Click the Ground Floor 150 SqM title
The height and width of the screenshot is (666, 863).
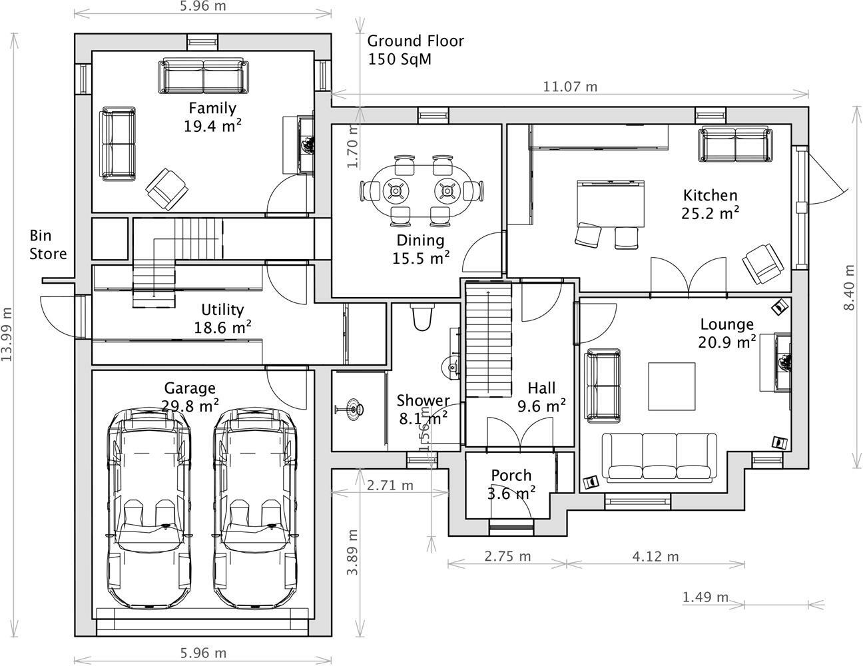(416, 50)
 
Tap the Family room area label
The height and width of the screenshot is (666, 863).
(212, 117)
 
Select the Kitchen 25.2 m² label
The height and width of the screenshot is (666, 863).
(710, 204)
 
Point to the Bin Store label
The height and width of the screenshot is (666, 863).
(48, 244)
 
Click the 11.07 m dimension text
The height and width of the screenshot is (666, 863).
(570, 87)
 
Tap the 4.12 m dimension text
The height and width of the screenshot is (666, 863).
(656, 556)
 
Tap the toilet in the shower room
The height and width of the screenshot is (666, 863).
(422, 318)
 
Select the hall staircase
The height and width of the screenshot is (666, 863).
(488, 340)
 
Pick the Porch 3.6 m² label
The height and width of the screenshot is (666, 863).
(511, 484)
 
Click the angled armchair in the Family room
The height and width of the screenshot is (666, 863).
(166, 186)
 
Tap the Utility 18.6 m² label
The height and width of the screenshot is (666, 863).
(222, 318)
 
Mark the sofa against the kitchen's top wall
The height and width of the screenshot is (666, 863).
(735, 145)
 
